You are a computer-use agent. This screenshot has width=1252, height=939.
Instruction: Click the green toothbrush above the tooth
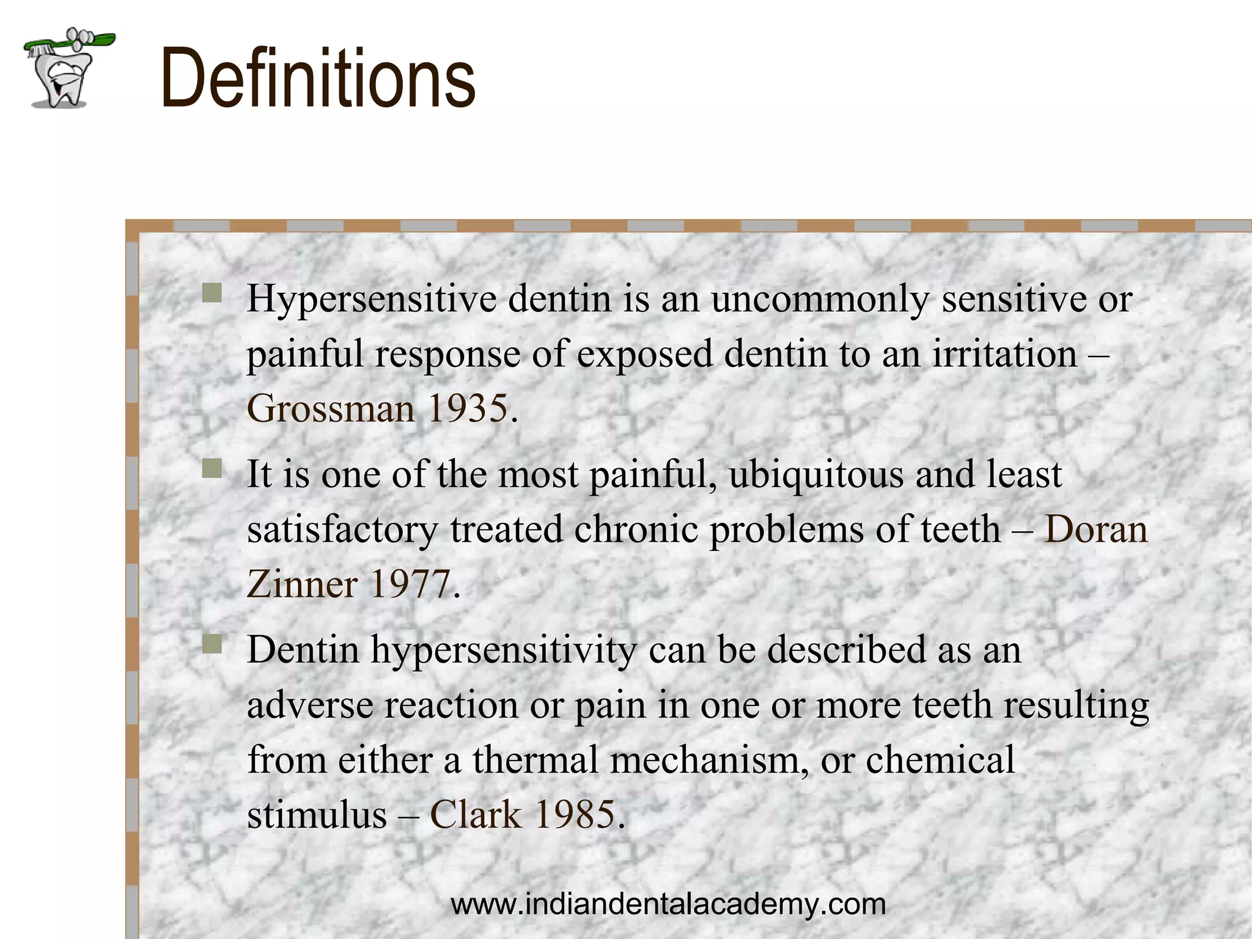click(70, 42)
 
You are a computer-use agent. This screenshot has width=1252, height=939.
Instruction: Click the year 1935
click(468, 408)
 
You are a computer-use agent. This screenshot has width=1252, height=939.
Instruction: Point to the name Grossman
click(331, 408)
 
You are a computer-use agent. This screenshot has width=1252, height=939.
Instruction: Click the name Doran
click(1096, 529)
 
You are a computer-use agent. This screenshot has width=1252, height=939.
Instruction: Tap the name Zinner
click(302, 584)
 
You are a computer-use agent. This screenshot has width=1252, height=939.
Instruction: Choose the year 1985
click(575, 815)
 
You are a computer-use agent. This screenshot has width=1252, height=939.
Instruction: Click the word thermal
click(535, 760)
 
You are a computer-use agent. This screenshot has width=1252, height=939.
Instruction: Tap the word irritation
click(1004, 355)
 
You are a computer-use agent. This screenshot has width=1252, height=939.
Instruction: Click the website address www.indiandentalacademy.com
click(668, 904)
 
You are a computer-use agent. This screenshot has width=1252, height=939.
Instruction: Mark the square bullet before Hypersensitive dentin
click(212, 293)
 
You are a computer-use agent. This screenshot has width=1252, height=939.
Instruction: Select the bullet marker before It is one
click(212, 469)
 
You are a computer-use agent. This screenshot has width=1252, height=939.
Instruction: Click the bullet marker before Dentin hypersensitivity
click(212, 644)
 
